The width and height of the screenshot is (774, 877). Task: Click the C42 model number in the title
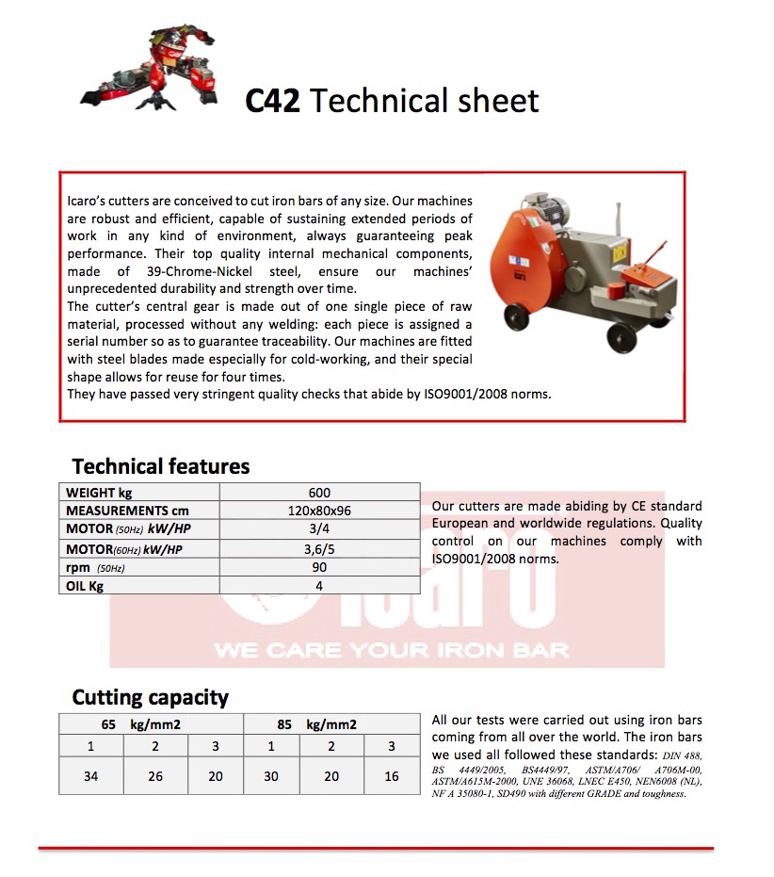[272, 101]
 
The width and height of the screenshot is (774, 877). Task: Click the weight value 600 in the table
[319, 493]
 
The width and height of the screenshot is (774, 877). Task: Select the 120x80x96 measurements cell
[319, 511]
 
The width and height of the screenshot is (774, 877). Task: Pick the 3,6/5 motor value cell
[319, 548]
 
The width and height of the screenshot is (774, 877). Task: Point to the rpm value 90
[319, 567]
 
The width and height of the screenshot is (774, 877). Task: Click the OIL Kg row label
[85, 586]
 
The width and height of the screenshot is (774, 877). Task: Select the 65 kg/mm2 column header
[141, 724]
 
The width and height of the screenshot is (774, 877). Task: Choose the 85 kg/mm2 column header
[316, 724]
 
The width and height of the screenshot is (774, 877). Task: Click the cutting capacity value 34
[90, 776]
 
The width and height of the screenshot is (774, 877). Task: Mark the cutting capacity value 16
[392, 776]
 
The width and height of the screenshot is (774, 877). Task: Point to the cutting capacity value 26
[155, 776]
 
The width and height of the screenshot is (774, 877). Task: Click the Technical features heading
[161, 466]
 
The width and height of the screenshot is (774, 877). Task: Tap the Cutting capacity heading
[151, 698]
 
